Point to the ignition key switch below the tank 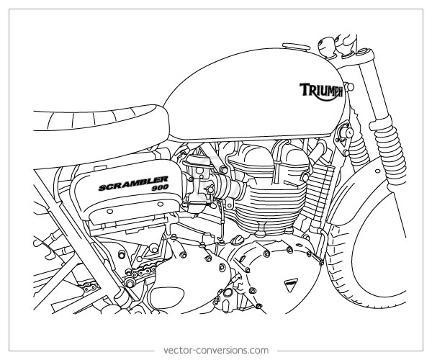(343, 134)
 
